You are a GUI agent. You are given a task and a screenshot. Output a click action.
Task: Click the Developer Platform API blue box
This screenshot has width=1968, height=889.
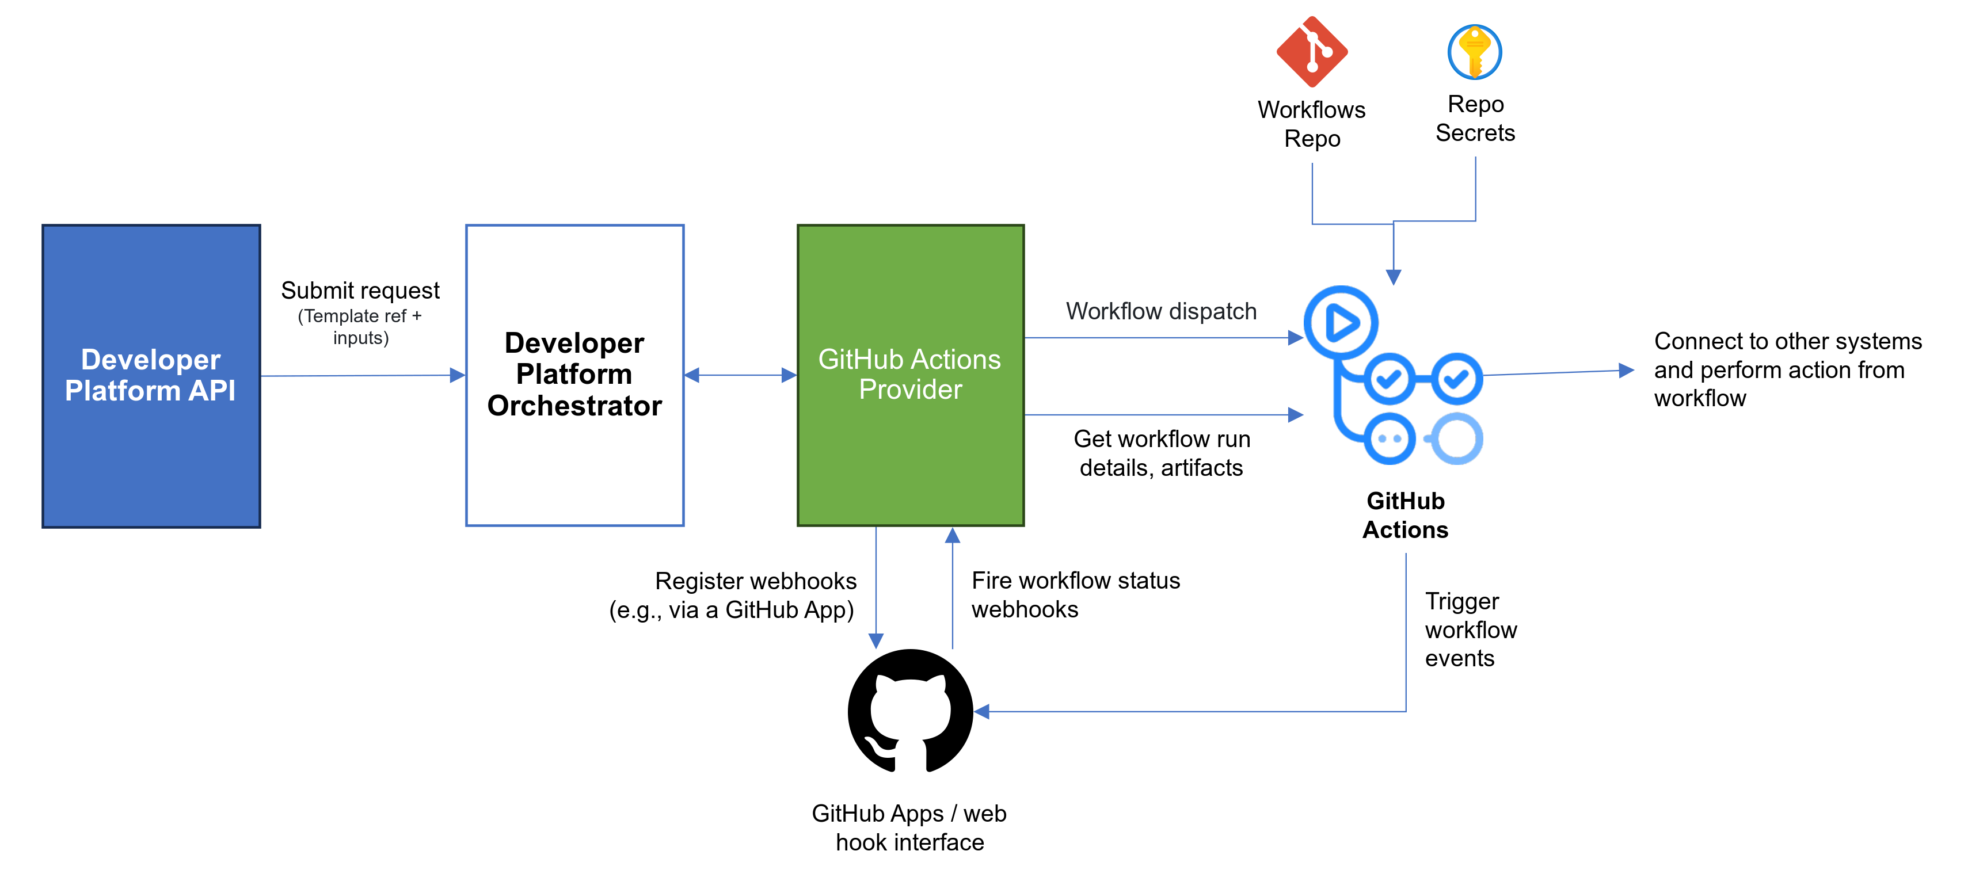[151, 376]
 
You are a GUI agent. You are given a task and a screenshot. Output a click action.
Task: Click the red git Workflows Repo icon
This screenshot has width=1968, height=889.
[1312, 52]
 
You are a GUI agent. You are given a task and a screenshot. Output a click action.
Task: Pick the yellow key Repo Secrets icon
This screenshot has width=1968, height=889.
[1475, 52]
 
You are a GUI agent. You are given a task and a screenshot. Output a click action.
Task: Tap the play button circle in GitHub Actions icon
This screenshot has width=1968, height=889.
[1341, 322]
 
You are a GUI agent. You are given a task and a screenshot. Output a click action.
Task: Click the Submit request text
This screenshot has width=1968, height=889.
[360, 290]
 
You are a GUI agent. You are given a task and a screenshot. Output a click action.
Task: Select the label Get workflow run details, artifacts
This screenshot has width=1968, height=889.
[1161, 453]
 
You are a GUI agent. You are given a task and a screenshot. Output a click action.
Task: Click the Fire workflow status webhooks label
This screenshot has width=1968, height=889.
[1075, 594]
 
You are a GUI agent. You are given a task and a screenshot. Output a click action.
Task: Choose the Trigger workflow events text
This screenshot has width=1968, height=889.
[1470, 629]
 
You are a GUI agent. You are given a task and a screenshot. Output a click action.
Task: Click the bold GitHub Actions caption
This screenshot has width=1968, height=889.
[1405, 515]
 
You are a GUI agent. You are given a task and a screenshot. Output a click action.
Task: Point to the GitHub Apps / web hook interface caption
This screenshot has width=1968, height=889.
[909, 827]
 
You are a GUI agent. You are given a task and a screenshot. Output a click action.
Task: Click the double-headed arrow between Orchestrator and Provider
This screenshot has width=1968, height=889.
[740, 375]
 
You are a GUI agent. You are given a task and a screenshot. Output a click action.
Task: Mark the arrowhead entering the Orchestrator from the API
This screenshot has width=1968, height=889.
[458, 375]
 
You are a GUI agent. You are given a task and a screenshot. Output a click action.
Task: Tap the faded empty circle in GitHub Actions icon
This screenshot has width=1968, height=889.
[1457, 438]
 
